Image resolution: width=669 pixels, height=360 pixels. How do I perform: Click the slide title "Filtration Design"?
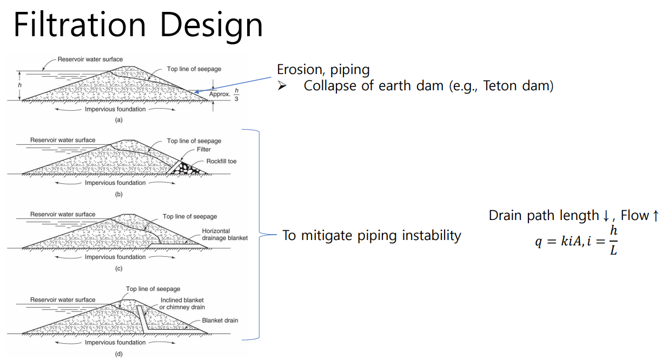(138, 25)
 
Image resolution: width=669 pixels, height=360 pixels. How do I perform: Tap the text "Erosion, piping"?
(323, 70)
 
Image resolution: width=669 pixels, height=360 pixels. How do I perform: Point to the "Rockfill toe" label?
(221, 161)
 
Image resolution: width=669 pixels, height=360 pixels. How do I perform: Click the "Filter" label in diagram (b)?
(203, 150)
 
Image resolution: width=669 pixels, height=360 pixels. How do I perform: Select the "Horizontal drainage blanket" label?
(224, 235)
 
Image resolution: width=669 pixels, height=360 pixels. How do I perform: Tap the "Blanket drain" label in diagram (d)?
(220, 320)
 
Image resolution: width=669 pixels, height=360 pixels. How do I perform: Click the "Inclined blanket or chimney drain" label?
(182, 304)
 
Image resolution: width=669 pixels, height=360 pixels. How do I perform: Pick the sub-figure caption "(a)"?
(118, 120)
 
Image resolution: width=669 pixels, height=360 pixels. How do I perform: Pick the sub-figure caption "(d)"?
(118, 354)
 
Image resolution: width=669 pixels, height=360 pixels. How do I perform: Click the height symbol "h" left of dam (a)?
(19, 85)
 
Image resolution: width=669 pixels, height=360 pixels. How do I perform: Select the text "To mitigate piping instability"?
(372, 236)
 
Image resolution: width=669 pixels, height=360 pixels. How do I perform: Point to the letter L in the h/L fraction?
(613, 251)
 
